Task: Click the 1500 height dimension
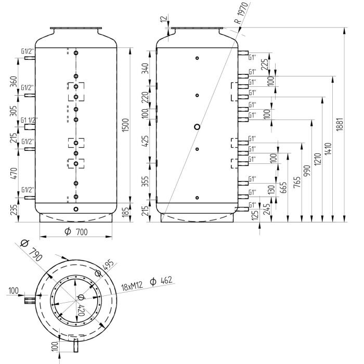(125, 124)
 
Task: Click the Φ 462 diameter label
(160, 281)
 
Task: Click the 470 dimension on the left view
(14, 173)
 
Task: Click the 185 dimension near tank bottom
(125, 212)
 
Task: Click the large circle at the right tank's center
(197, 126)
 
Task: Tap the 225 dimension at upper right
(265, 63)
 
